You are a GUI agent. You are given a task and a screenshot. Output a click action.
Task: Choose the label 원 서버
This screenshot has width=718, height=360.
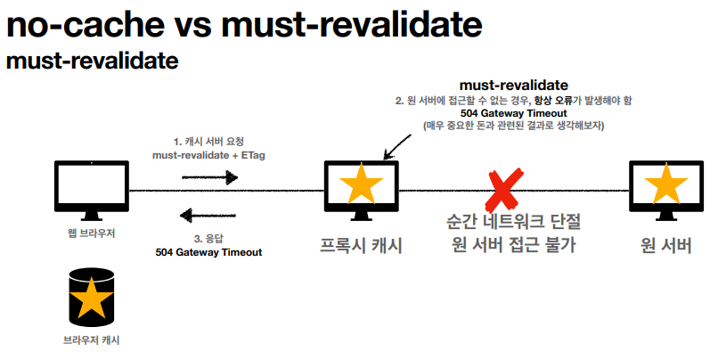point(665,245)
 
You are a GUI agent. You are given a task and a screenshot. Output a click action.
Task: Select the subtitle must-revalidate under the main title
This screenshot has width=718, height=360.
point(93,62)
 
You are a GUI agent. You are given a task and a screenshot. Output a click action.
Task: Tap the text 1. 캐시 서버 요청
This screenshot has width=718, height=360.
point(208,142)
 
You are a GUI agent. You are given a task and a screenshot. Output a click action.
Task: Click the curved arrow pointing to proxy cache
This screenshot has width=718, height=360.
point(393,145)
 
